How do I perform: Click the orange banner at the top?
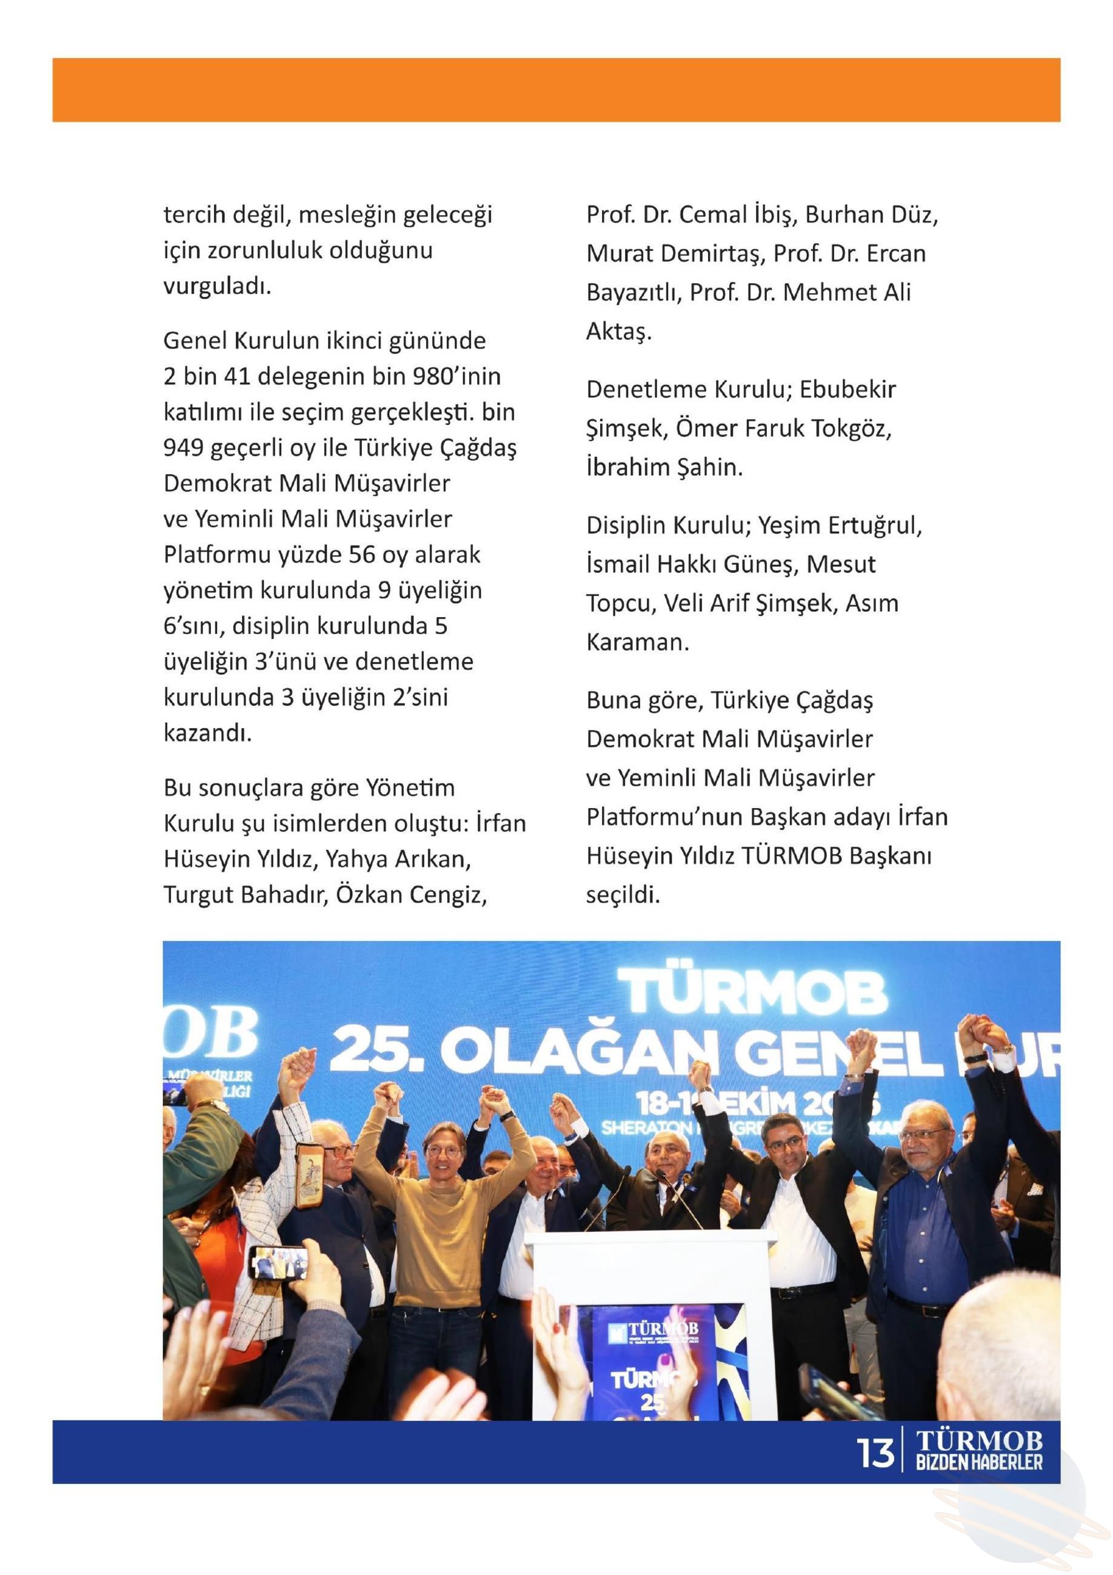[x=556, y=90]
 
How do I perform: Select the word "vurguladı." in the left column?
[x=218, y=286]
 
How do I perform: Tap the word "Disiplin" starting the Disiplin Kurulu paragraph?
[x=623, y=526]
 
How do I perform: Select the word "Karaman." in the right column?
[x=637, y=643]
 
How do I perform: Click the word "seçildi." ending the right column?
[x=623, y=895]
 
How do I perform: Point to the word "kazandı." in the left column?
[x=208, y=734]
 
